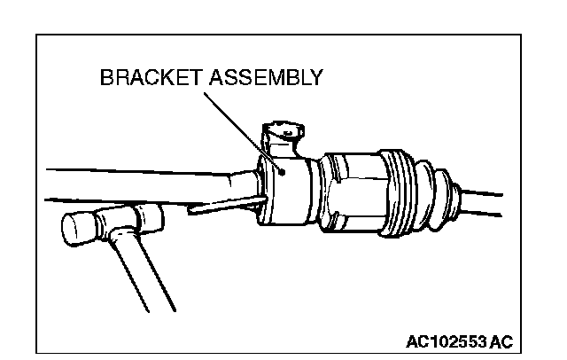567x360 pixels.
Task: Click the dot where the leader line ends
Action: click(x=282, y=171)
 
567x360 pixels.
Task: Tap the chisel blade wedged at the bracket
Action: click(x=221, y=207)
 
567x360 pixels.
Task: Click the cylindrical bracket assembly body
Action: click(x=288, y=191)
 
